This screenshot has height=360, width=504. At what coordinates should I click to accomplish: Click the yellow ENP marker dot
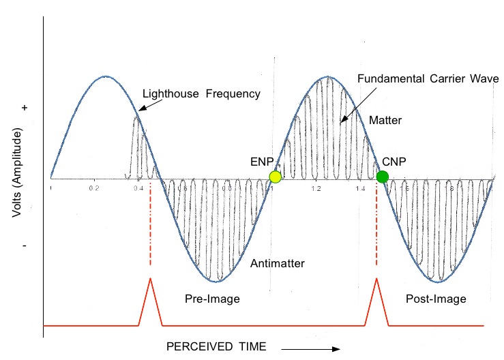point(275,177)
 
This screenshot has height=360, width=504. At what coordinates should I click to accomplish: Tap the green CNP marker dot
point(382,177)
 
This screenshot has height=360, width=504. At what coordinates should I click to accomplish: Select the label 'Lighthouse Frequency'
point(201,94)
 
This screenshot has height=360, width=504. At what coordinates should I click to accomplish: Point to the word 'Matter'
point(385,121)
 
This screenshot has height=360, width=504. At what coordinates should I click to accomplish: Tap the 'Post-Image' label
point(436,299)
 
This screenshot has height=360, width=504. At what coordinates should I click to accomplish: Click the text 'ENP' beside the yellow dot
point(262,162)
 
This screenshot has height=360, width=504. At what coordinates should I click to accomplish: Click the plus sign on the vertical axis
point(25,108)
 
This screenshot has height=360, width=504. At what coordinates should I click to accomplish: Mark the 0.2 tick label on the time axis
point(94,186)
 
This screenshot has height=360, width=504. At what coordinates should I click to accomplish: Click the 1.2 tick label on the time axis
point(315,186)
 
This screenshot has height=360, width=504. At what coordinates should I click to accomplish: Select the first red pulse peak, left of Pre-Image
point(150,280)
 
